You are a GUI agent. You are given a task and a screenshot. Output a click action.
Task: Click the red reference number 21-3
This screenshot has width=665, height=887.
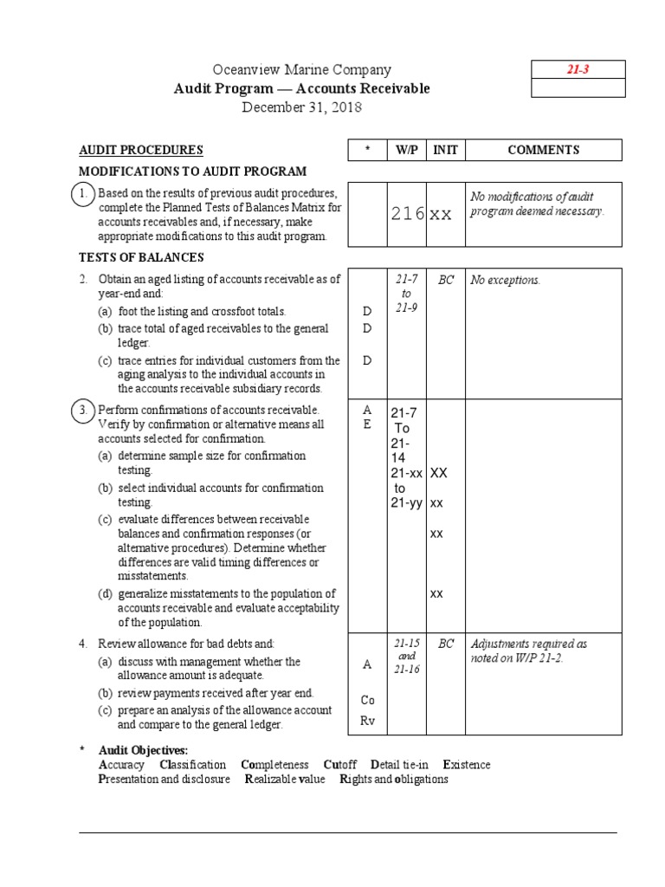click(x=578, y=70)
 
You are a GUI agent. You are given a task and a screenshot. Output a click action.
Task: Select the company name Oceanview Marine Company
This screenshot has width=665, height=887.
click(x=301, y=70)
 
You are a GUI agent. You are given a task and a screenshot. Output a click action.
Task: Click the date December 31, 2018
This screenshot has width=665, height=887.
click(x=301, y=107)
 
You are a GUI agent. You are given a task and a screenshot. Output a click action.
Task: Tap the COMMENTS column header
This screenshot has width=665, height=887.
click(x=543, y=150)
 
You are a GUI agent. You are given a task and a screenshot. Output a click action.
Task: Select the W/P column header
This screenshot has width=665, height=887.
click(x=406, y=150)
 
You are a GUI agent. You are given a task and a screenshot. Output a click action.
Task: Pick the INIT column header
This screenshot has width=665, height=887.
click(x=445, y=150)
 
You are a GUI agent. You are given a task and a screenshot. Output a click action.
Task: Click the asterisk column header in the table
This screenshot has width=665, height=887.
click(x=367, y=150)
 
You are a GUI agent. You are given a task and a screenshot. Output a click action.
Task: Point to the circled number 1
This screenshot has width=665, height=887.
click(x=82, y=196)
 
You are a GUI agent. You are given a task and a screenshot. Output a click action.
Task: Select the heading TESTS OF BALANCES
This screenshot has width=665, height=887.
click(x=141, y=257)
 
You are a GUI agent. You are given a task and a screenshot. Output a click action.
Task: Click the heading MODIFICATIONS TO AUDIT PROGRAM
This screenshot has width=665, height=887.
click(x=192, y=172)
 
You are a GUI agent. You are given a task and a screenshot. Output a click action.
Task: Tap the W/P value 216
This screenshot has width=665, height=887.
click(x=407, y=214)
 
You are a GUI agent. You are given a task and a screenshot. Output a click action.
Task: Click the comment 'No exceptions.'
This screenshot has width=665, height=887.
click(x=506, y=281)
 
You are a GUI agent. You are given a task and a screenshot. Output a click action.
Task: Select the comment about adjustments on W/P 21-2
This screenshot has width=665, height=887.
click(x=529, y=651)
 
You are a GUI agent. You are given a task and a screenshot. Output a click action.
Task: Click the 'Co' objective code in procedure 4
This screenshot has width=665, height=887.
click(x=367, y=699)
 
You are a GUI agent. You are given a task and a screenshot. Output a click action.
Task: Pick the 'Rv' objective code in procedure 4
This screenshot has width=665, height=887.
click(x=367, y=722)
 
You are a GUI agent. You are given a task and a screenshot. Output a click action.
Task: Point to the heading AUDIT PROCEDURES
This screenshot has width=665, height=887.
click(x=141, y=150)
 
